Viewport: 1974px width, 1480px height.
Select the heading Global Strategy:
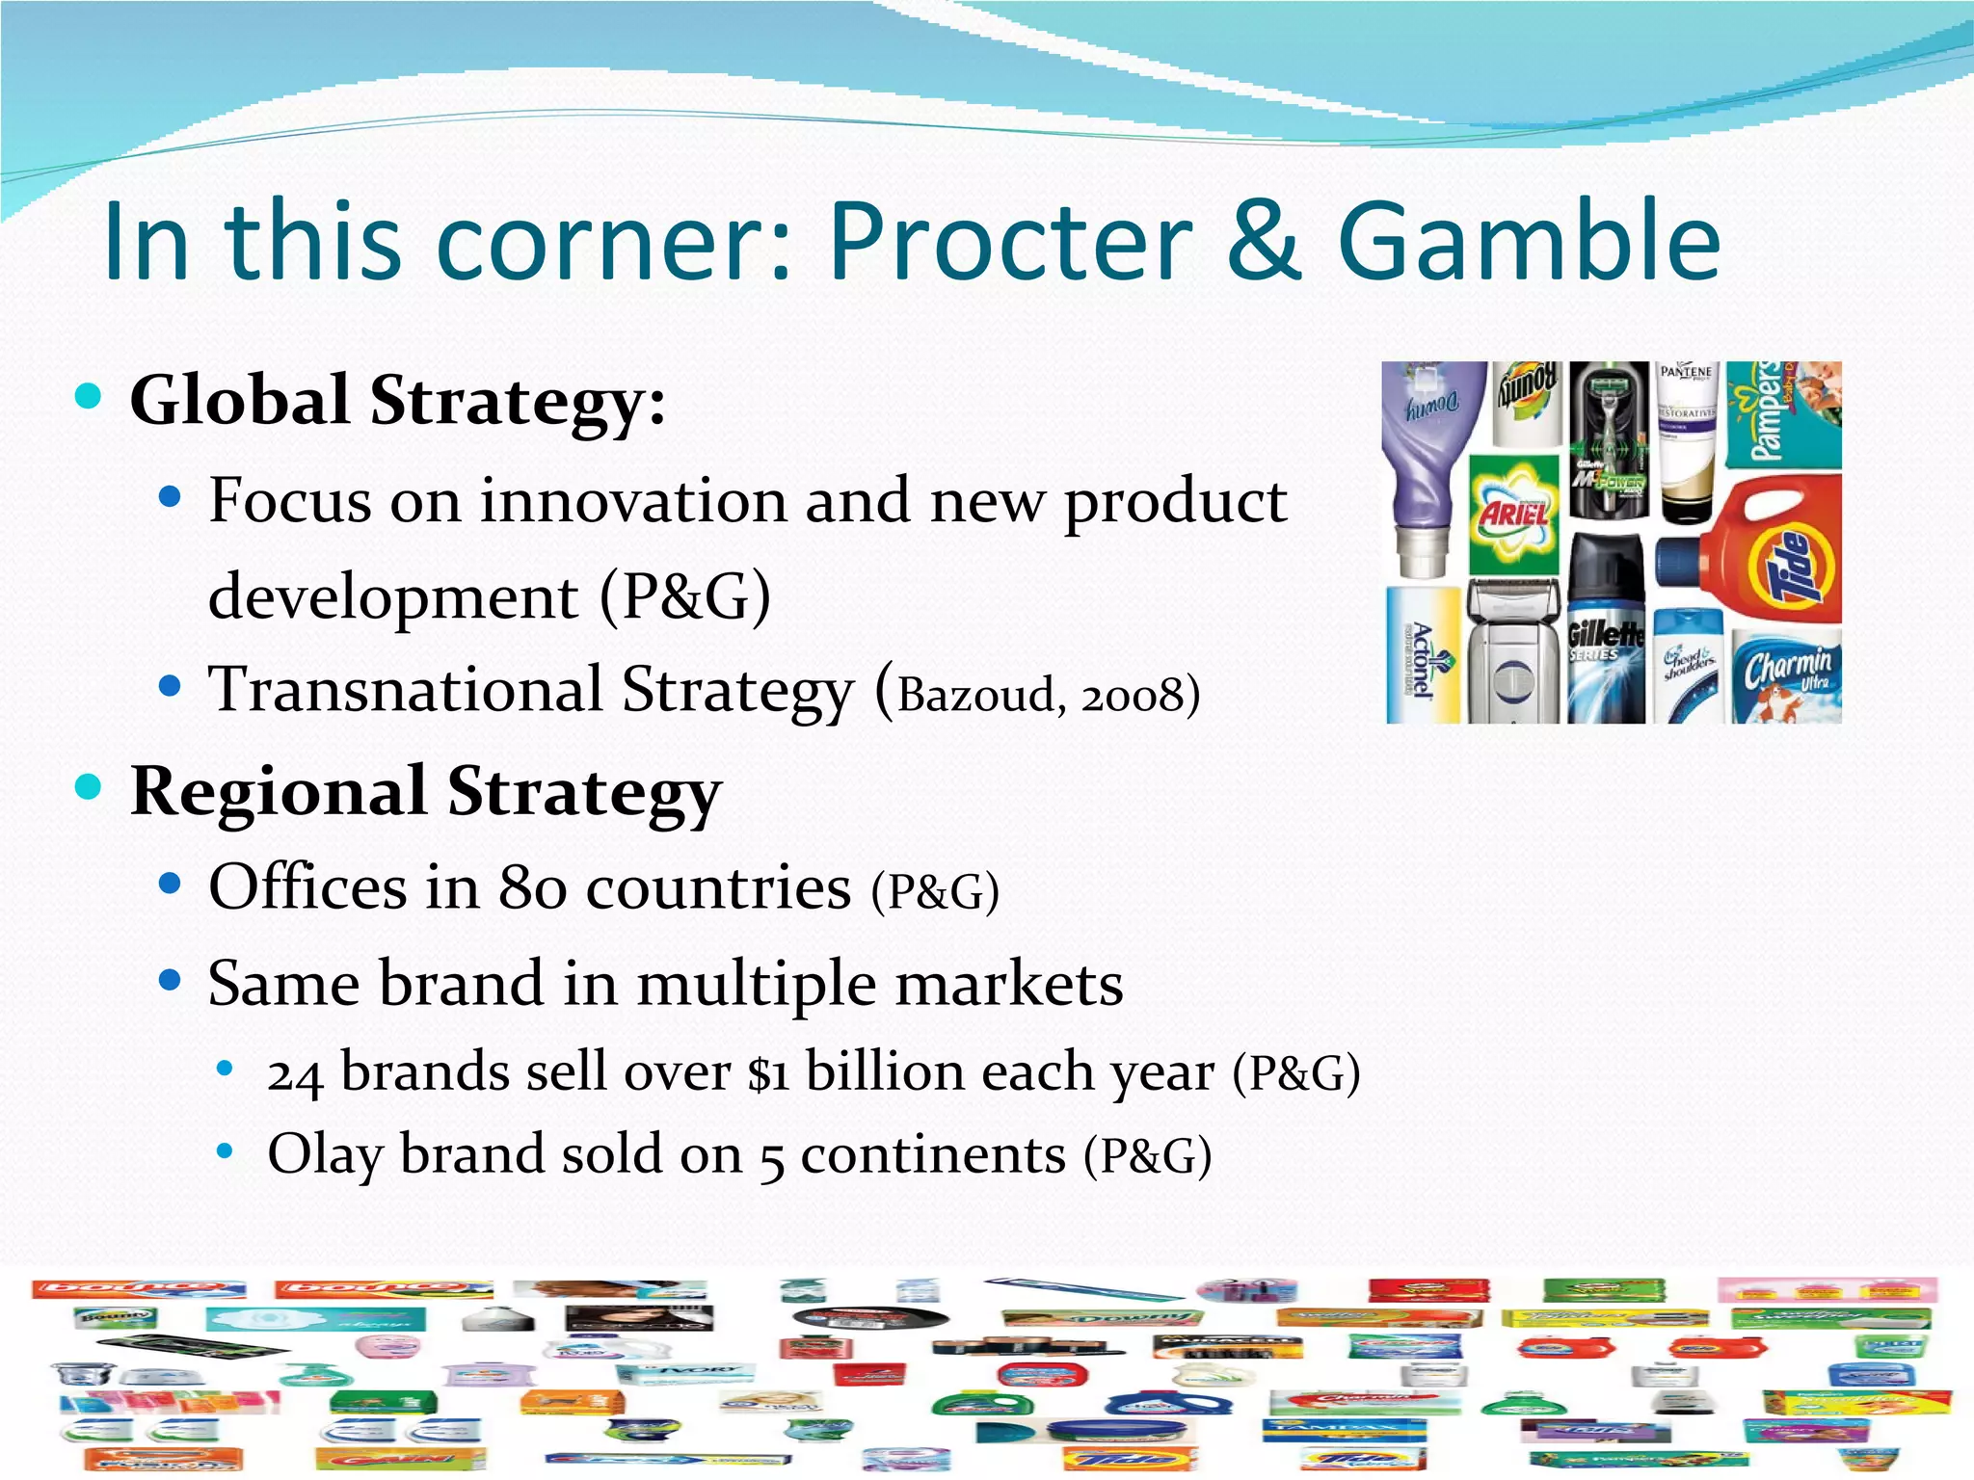point(397,400)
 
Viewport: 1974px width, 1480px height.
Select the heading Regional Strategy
point(425,791)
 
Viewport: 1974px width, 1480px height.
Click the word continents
point(932,1154)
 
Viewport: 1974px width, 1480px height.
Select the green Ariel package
point(1513,513)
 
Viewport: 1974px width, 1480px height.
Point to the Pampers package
point(1783,414)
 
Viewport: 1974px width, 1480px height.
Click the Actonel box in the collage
point(1424,656)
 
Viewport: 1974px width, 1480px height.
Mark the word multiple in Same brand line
point(758,985)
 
